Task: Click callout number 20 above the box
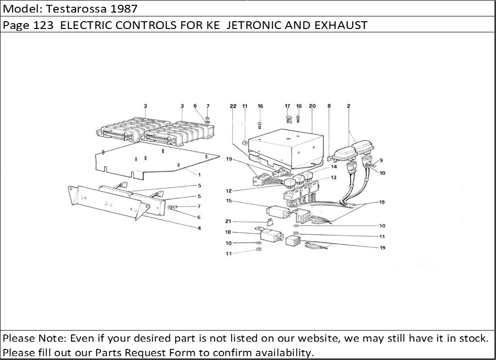click(312, 106)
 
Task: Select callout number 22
click(233, 106)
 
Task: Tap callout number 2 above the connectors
click(348, 106)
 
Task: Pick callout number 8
click(329, 106)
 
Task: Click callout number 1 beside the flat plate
click(198, 174)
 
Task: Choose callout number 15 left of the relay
click(229, 200)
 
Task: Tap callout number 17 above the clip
click(287, 106)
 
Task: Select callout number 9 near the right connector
click(381, 160)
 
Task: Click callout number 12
click(229, 191)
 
